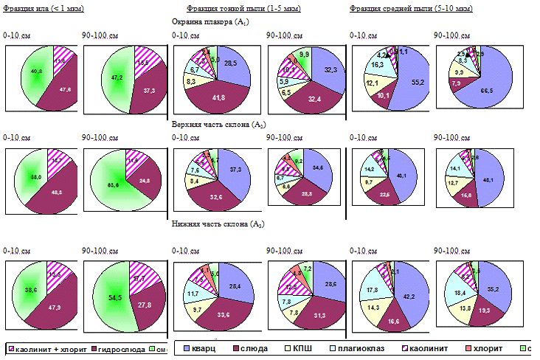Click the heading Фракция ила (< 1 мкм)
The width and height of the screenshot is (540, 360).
(43, 7)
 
